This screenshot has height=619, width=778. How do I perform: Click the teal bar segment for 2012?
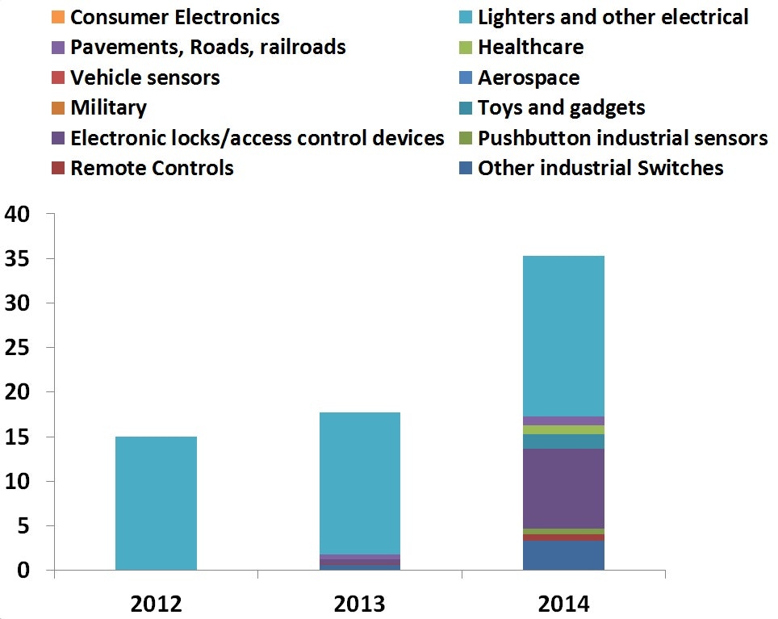pyautogui.click(x=156, y=503)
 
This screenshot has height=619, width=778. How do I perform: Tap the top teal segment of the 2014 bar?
pyautogui.click(x=563, y=336)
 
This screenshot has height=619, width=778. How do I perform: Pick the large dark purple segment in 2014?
pyautogui.click(x=563, y=488)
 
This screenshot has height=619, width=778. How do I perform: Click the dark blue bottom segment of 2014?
pyautogui.click(x=563, y=555)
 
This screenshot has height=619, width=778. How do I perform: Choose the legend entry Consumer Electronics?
pyautogui.click(x=174, y=17)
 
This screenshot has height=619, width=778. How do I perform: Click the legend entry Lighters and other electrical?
pyautogui.click(x=613, y=17)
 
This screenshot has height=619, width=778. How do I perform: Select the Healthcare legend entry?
pyautogui.click(x=530, y=48)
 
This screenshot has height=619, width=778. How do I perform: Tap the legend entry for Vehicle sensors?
pyautogui.click(x=144, y=77)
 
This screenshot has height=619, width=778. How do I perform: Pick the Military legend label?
pyautogui.click(x=108, y=107)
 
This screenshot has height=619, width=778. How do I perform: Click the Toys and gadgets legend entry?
pyautogui.click(x=561, y=107)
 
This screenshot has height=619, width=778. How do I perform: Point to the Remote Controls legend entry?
pyautogui.click(x=152, y=168)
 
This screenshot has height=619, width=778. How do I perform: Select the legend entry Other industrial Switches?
pyautogui.click(x=600, y=168)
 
